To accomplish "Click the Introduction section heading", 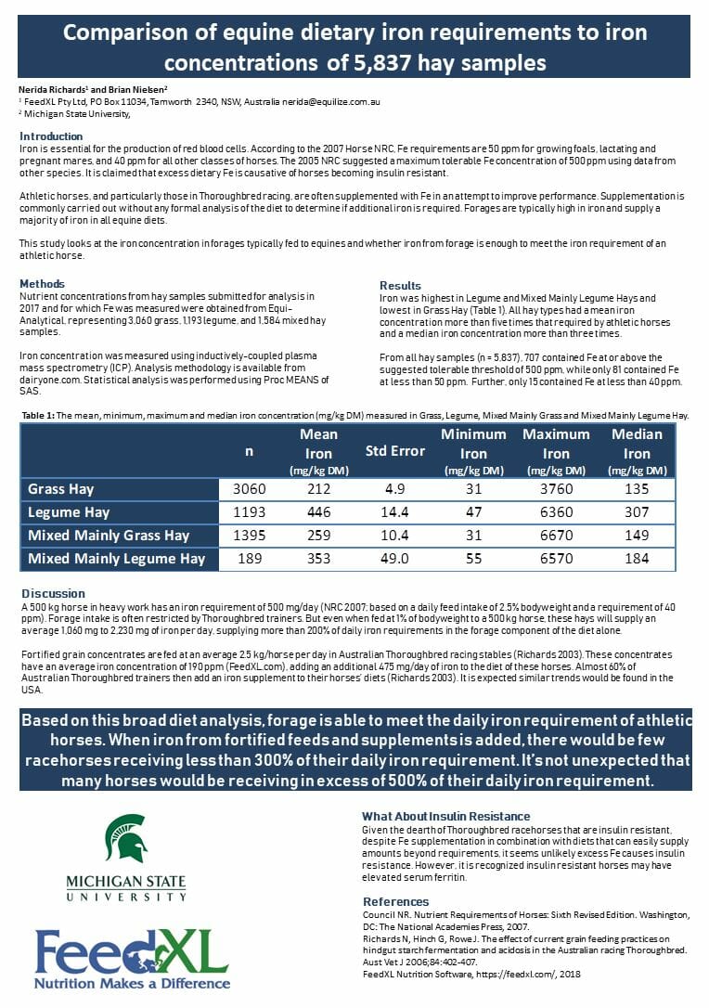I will tap(51, 136).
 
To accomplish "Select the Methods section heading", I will tap(42, 283).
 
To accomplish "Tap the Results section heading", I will tap(400, 285).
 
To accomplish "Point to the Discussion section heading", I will tap(52, 593).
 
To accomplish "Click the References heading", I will tap(395, 901).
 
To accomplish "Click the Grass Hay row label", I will tap(61, 489).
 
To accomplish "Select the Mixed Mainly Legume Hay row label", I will tap(117, 558).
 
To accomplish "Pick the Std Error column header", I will tap(395, 451).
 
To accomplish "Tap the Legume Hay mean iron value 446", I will tap(318, 512).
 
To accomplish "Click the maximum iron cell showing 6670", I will tap(556, 536).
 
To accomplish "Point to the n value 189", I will tap(249, 558).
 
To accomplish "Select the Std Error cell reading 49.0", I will tap(395, 558).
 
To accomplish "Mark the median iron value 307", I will tap(637, 512).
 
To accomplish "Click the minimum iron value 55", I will tap(473, 558).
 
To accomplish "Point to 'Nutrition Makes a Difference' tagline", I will tap(132, 982).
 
